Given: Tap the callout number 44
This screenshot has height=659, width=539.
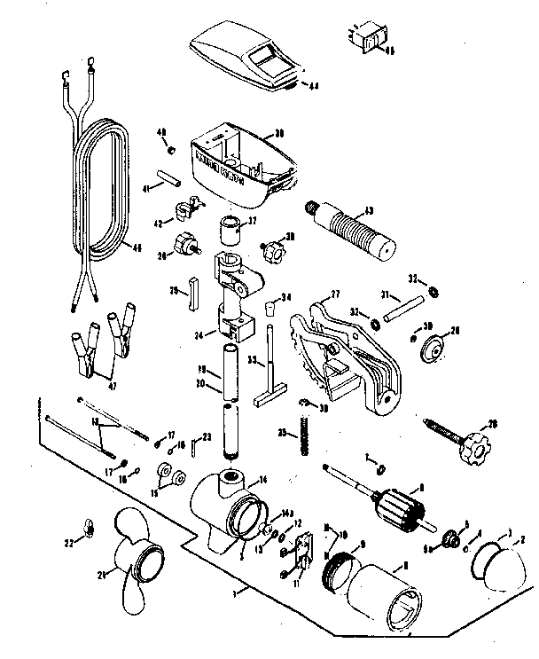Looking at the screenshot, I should (309, 85).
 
